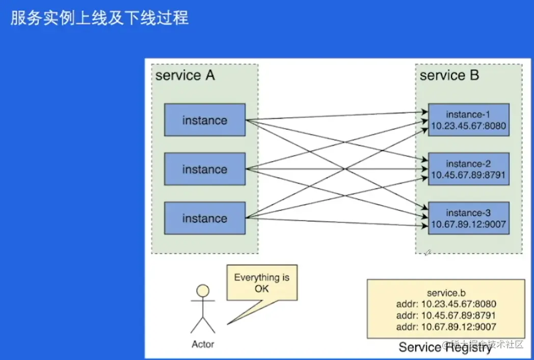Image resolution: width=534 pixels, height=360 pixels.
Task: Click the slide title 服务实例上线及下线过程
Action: click(99, 18)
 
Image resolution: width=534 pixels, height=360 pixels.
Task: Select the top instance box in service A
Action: click(204, 120)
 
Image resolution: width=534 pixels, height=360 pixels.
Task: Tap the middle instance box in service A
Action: click(204, 169)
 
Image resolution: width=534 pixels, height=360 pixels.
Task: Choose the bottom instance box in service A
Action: click(204, 218)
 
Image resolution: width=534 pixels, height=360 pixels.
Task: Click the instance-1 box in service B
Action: click(468, 120)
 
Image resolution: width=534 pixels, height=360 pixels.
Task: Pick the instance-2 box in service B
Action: click(468, 169)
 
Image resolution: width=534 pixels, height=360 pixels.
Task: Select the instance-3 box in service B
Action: click(468, 218)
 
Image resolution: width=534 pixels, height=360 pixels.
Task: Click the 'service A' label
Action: click(185, 75)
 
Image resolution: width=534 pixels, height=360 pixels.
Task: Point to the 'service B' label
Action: click(449, 75)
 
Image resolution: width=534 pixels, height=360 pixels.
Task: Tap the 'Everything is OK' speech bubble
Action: click(261, 283)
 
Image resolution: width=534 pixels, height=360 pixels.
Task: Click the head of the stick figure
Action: click(203, 291)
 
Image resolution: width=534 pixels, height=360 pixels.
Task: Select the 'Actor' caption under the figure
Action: click(203, 344)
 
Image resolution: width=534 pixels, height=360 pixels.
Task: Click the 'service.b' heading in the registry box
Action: click(446, 292)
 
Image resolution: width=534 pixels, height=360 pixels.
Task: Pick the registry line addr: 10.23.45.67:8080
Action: click(446, 303)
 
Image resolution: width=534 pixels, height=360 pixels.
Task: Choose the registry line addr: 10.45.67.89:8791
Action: click(446, 315)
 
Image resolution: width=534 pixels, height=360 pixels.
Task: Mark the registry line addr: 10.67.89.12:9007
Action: click(446, 327)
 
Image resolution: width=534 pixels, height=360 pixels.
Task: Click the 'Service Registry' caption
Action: click(445, 347)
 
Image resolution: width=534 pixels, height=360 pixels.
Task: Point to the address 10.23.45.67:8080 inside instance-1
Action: click(468, 125)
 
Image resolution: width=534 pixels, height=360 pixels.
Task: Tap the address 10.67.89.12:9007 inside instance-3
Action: click(468, 224)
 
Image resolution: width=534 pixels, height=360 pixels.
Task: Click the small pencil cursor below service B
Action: click(428, 252)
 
